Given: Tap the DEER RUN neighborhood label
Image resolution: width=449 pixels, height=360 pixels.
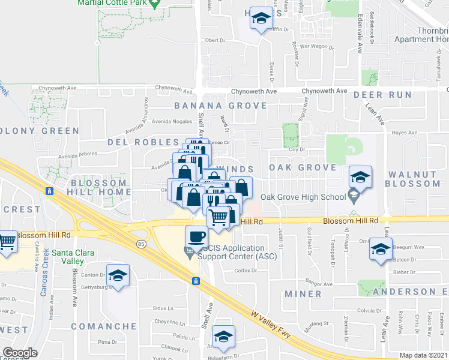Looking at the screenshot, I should point(382,95).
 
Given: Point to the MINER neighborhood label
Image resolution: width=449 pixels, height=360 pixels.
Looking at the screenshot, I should point(304,294).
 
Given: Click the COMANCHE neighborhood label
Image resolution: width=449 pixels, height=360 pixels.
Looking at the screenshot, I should point(100,326).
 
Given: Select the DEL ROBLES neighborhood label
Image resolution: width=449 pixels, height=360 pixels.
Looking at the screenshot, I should point(135,143).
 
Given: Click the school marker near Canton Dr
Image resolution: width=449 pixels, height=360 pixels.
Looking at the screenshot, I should point(118,275).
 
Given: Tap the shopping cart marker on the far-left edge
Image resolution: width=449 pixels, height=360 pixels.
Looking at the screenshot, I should point(7,242).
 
